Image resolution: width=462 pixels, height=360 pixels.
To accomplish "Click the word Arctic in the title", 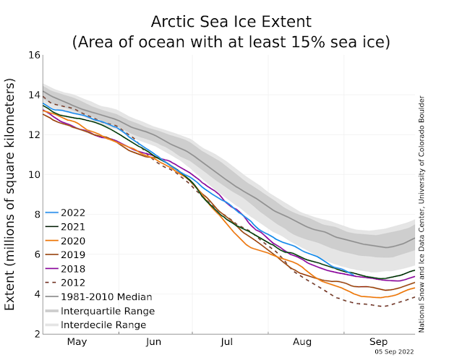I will tap(178, 20).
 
